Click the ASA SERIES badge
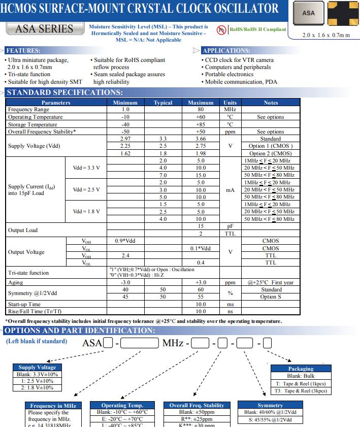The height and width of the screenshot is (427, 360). click(45, 29)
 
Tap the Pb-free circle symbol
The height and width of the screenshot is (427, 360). click(221, 30)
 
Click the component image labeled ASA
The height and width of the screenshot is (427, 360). click(308, 13)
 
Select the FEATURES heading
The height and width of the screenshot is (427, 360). click(23, 51)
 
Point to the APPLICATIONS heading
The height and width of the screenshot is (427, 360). click(226, 51)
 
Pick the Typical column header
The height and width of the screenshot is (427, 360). click(163, 103)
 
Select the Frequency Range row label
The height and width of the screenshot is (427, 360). click(29, 110)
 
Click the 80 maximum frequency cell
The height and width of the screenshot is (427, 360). click(201, 110)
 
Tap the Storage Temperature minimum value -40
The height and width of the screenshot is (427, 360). click(125, 124)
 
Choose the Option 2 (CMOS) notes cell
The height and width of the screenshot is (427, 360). click(271, 153)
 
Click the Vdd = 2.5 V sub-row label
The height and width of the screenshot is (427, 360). click(86, 190)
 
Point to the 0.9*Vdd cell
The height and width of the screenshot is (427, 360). click(125, 241)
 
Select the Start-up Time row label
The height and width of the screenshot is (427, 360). click(24, 304)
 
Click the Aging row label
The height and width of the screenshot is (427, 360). click(15, 282)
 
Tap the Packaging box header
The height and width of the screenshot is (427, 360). click(301, 369)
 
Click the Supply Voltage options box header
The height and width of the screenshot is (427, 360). click(37, 368)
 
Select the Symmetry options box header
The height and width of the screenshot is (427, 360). click(270, 405)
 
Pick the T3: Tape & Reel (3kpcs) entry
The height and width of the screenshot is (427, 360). click(301, 390)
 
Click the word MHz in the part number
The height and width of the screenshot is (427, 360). click(173, 343)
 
